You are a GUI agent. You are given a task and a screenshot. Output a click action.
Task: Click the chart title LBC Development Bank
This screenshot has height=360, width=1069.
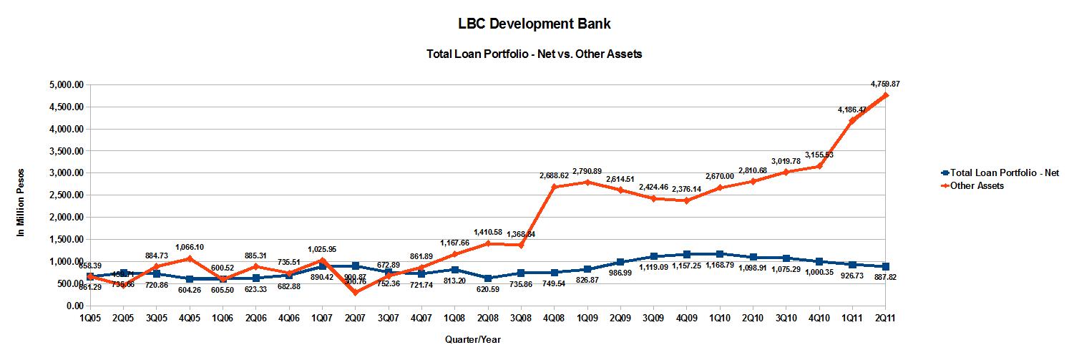(534, 24)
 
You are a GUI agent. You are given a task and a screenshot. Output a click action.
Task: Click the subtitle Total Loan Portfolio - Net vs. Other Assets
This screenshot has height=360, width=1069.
(534, 54)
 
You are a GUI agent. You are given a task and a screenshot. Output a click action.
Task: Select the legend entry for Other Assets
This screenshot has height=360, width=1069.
(978, 185)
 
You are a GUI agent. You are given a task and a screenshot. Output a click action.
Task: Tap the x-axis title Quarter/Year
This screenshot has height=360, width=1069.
(472, 339)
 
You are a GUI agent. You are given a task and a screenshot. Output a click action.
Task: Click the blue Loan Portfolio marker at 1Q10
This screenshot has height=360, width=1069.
(719, 254)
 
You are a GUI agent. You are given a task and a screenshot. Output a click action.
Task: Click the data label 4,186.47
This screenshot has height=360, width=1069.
(852, 110)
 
